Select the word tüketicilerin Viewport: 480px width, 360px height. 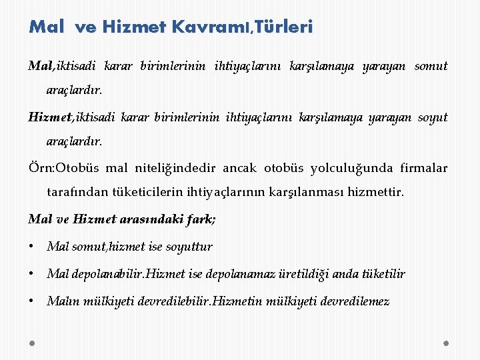[x=139, y=193]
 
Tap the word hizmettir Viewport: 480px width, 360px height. [x=375, y=193]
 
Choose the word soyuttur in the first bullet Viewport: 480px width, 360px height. [x=189, y=247]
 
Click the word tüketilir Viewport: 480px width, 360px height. [x=384, y=274]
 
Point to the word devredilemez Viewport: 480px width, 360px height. [x=356, y=301]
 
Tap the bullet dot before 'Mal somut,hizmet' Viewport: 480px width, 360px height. [x=32, y=247]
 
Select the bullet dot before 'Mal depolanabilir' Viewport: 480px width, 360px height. [x=32, y=274]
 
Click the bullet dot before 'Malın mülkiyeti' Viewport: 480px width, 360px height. [x=32, y=301]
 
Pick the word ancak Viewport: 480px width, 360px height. [x=239, y=169]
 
